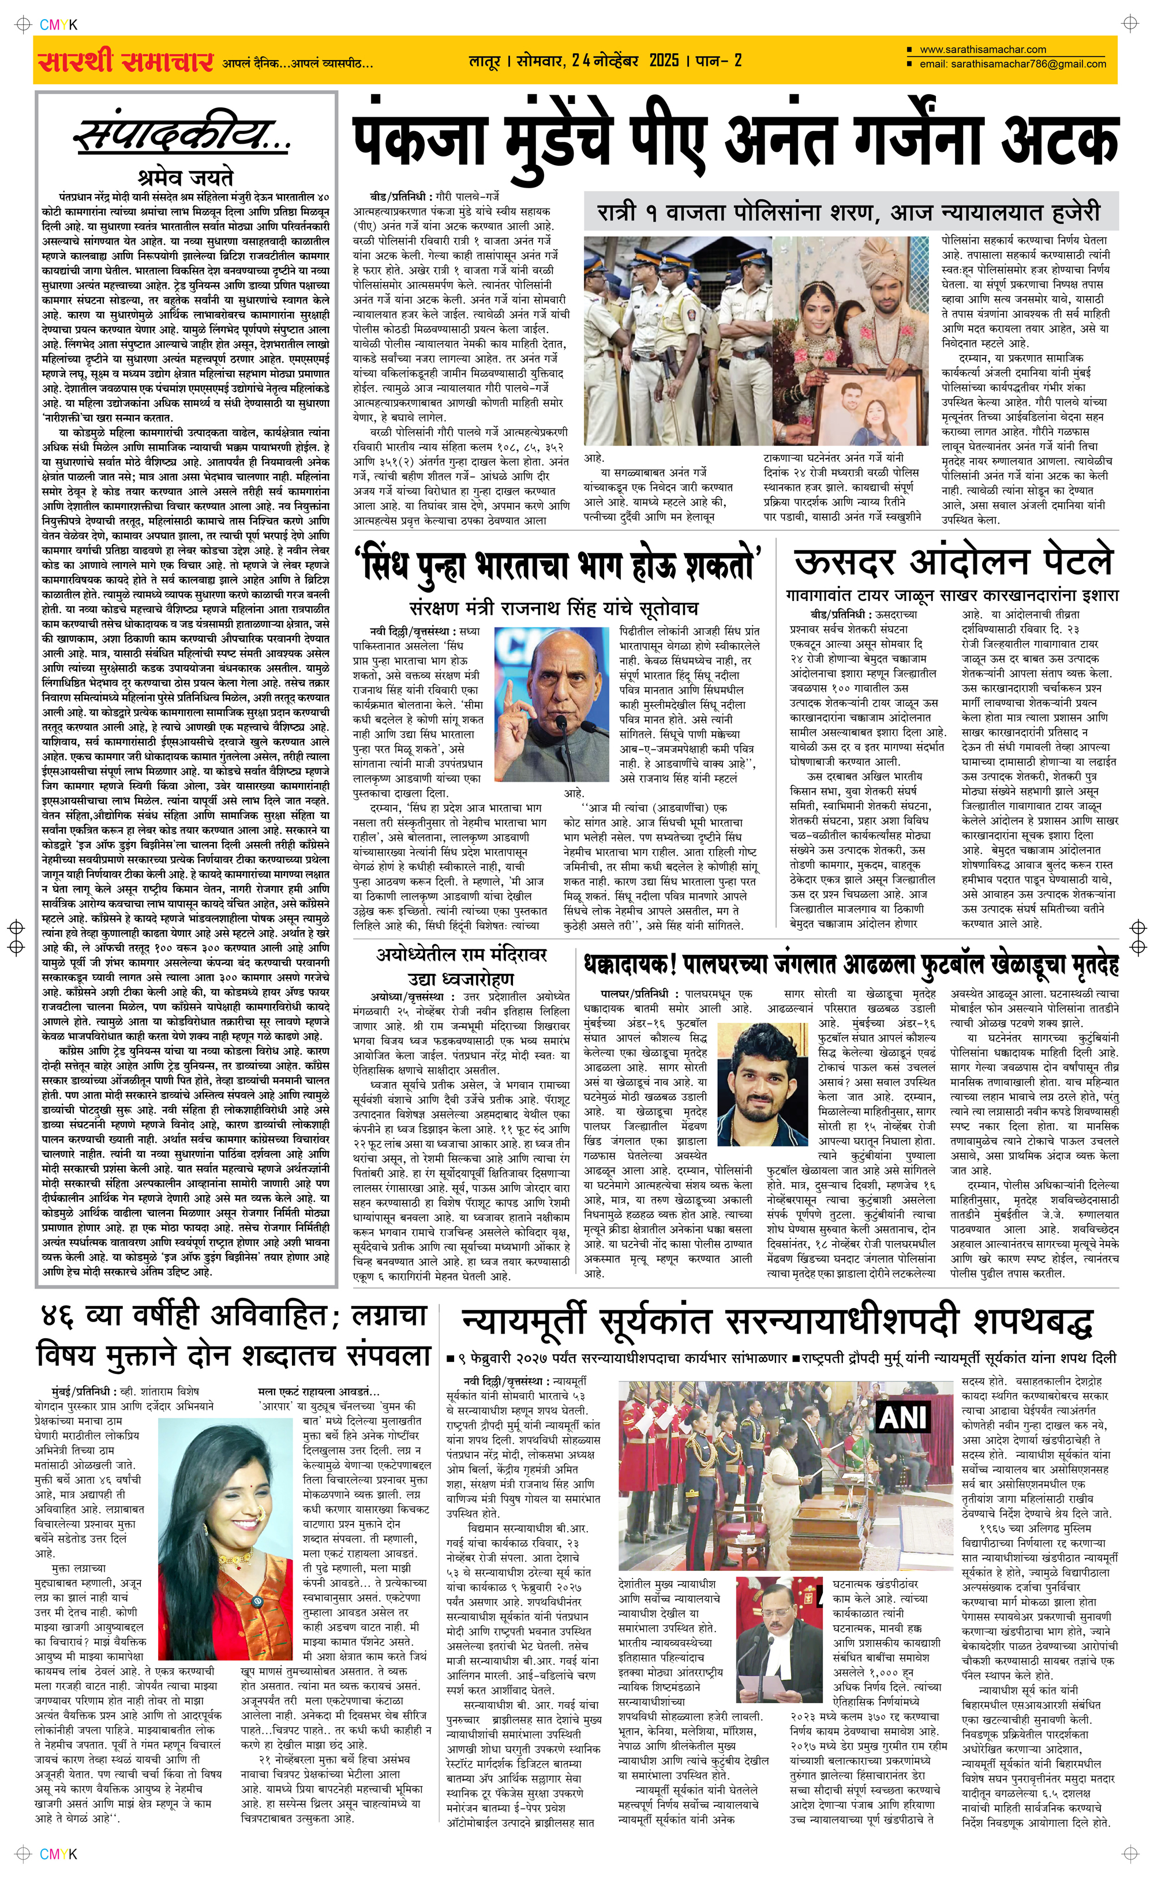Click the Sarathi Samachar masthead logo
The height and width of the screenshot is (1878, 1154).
(125, 62)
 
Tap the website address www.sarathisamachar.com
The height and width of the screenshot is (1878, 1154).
(982, 50)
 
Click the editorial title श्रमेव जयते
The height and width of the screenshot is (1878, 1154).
(183, 177)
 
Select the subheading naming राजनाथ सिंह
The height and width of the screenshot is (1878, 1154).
(553, 608)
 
